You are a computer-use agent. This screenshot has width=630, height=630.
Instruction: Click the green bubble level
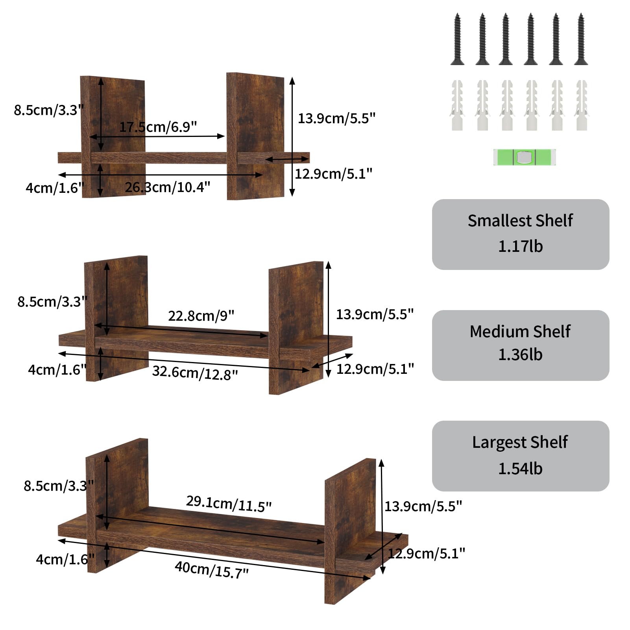click(x=524, y=157)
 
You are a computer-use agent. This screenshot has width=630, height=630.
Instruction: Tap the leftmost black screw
click(x=457, y=39)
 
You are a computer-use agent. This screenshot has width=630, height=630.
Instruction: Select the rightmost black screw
click(x=580, y=39)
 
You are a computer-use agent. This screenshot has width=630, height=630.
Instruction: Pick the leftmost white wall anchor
click(x=457, y=105)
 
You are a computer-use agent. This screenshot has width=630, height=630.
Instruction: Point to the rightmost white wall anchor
click(x=581, y=105)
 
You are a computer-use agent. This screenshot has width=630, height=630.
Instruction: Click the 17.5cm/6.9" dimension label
click(x=158, y=127)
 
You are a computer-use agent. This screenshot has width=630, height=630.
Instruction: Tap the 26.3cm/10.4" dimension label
click(x=167, y=187)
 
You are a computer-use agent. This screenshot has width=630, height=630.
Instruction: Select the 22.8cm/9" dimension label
click(x=201, y=316)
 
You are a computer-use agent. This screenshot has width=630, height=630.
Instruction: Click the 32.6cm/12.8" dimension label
click(x=195, y=373)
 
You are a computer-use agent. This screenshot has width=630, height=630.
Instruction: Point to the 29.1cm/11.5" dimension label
click(x=229, y=503)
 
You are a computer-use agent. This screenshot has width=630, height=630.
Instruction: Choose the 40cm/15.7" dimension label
click(x=212, y=569)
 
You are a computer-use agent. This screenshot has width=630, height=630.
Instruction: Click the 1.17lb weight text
click(x=520, y=246)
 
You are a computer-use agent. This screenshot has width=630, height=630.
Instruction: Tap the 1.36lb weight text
click(x=520, y=355)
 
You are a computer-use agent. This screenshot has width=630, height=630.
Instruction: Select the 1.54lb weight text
click(x=520, y=469)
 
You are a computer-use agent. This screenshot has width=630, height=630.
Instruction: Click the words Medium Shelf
click(x=520, y=331)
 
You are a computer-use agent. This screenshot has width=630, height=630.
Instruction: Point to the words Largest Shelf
click(x=520, y=442)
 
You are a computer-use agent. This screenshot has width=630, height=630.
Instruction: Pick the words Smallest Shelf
click(x=520, y=221)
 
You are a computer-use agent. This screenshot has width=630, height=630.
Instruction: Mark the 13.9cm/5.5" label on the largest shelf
click(x=423, y=506)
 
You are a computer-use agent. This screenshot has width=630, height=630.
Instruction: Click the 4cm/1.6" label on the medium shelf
click(x=57, y=370)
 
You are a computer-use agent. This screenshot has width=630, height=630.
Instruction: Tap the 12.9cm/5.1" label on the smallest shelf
click(x=333, y=174)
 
